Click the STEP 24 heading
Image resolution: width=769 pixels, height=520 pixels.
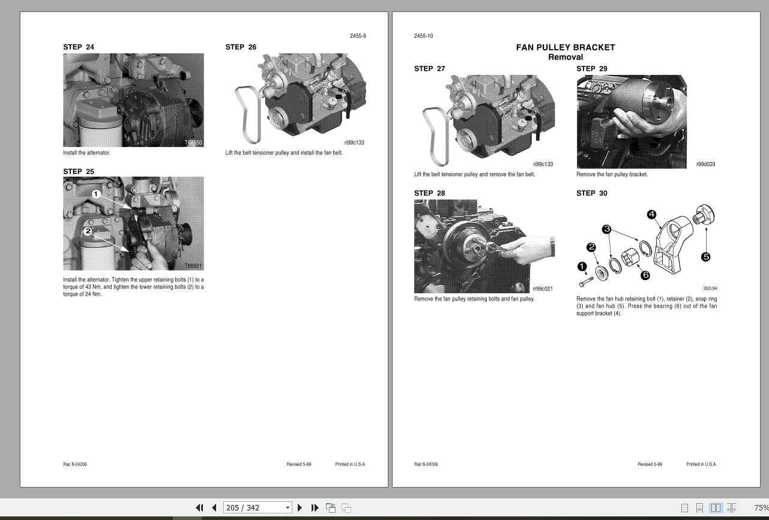[x=79, y=47]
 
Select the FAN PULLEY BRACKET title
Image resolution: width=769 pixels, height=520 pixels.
[x=565, y=47]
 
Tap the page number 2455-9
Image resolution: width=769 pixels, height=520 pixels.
[x=358, y=36]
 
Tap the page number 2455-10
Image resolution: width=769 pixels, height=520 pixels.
[x=423, y=36]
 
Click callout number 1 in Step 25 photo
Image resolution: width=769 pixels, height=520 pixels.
[x=96, y=194]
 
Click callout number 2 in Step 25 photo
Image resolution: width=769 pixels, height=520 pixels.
[x=88, y=231]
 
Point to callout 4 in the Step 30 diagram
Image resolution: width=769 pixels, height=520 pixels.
[x=651, y=214]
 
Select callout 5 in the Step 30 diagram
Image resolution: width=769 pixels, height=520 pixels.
[x=705, y=257]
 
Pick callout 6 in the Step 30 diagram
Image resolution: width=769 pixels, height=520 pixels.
[x=645, y=275]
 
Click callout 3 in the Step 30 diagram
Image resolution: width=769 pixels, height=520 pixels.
[x=607, y=229]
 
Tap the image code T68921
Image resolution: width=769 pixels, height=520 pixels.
[x=193, y=266]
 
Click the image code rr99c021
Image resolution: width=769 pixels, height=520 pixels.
[x=543, y=289]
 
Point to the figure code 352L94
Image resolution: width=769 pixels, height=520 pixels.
[x=710, y=288]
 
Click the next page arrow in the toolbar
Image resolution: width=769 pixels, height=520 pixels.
[x=300, y=507]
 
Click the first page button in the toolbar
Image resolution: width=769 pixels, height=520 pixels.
[x=200, y=507]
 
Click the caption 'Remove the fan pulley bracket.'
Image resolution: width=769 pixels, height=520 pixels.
[x=612, y=175]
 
